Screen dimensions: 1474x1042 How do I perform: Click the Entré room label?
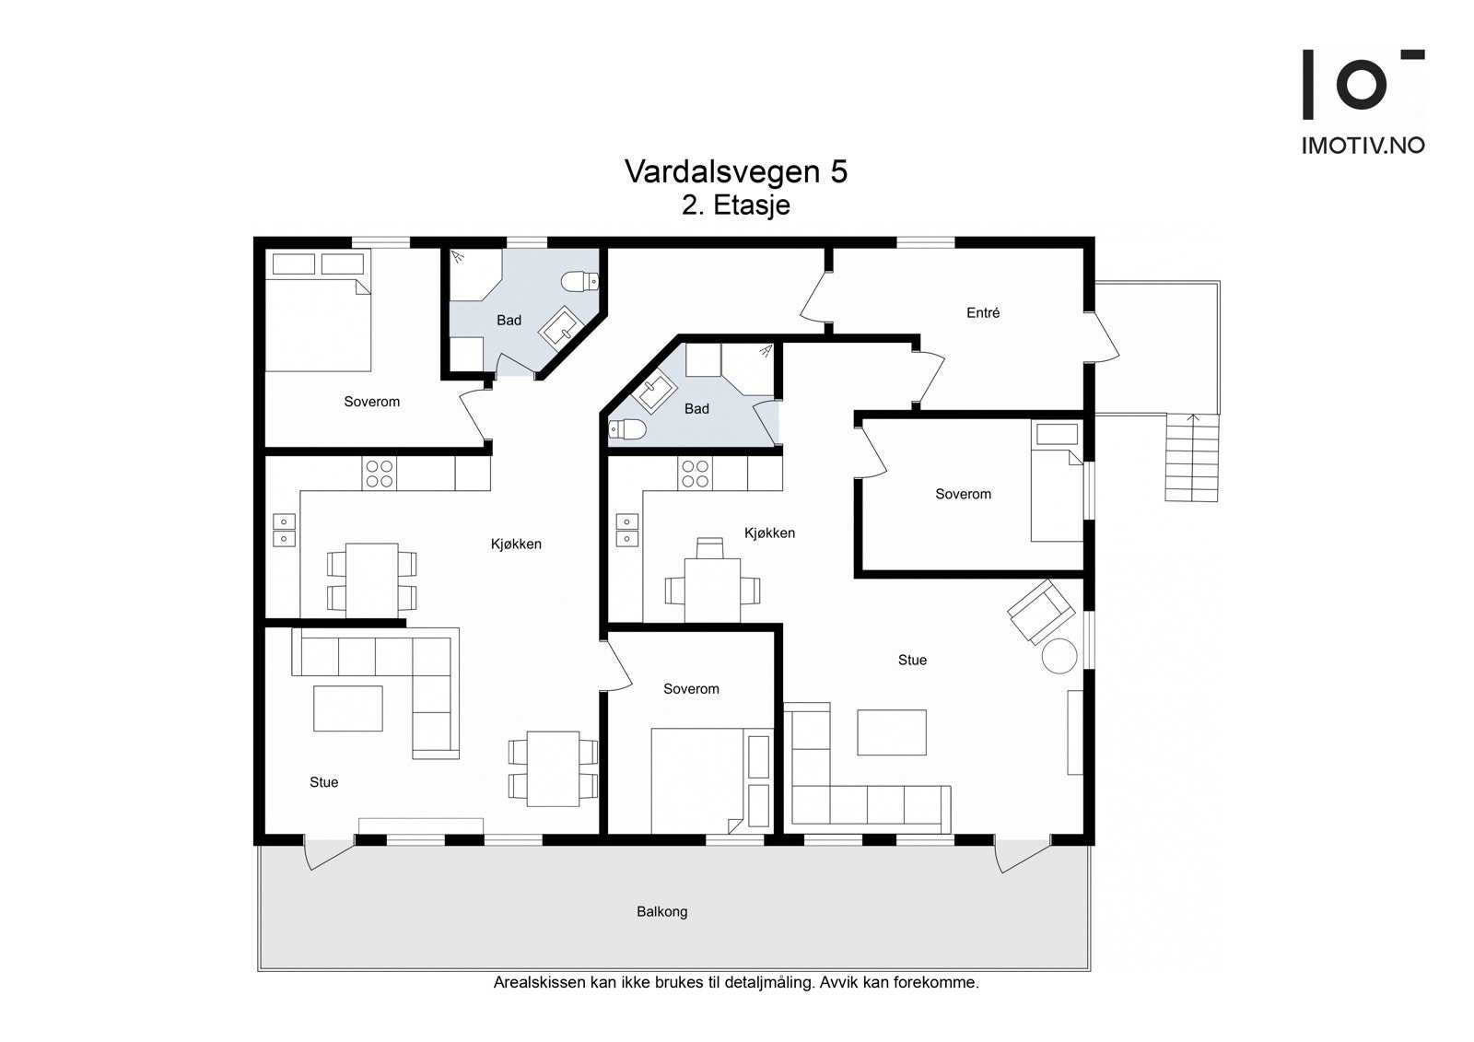982,313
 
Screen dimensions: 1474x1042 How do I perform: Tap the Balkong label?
662,912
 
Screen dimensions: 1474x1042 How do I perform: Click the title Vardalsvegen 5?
736,171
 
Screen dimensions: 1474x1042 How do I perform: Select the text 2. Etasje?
736,205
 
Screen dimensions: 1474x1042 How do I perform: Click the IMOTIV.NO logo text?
1363,146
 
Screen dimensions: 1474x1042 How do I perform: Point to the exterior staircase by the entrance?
1192,458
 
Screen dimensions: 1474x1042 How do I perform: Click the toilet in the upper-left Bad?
579,282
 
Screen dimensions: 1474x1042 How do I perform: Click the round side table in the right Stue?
1059,656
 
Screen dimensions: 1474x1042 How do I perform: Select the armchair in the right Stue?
1041,612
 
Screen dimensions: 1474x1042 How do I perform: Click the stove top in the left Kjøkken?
380,474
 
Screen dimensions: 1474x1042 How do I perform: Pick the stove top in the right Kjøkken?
696,474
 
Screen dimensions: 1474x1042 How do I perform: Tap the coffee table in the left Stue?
348,708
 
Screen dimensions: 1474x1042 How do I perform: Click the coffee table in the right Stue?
892,732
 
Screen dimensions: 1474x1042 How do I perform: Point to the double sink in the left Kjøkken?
284,530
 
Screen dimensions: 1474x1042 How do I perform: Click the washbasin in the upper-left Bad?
561,327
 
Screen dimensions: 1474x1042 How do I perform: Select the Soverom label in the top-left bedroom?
372,402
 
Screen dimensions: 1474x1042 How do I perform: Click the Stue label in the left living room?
323,782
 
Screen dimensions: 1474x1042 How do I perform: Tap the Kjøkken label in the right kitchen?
769,533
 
